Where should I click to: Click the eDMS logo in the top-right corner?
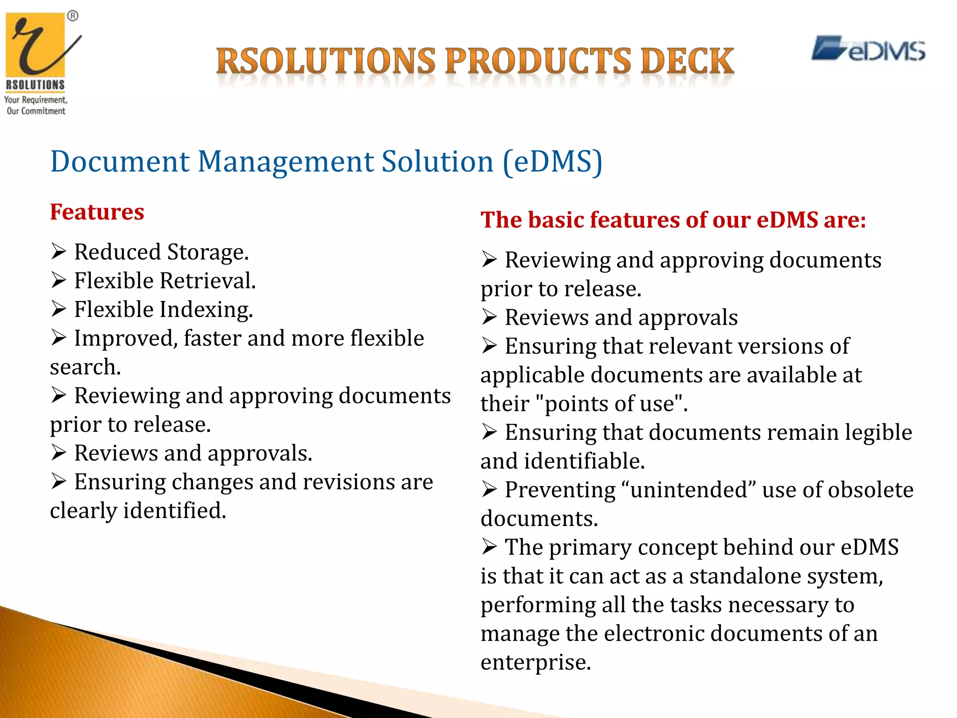point(868,50)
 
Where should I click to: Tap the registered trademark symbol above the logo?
point(73,16)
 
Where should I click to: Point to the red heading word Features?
point(97,212)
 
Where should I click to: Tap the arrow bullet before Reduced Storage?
point(59,252)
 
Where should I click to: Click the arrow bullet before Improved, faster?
point(59,338)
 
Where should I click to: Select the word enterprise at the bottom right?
point(536,662)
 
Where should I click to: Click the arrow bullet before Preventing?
point(489,490)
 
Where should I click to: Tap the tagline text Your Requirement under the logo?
point(36,100)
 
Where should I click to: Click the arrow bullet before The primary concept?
point(489,547)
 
